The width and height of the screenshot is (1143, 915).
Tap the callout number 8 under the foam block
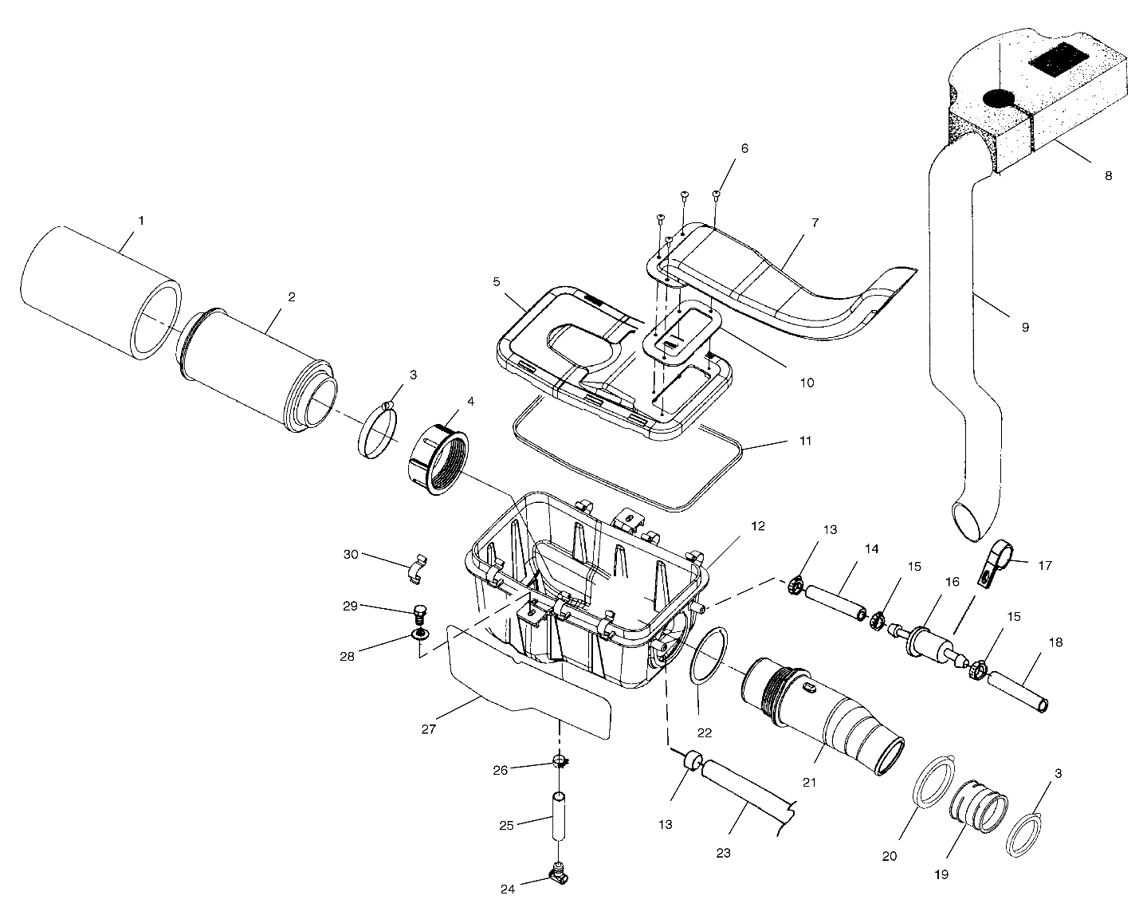(1108, 176)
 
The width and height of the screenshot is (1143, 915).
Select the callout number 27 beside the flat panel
(428, 728)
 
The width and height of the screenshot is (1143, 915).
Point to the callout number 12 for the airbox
(757, 526)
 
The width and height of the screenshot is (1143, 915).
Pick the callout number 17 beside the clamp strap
(1045, 566)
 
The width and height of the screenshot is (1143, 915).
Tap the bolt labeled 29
(419, 614)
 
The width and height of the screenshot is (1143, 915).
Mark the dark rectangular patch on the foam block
(1058, 63)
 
